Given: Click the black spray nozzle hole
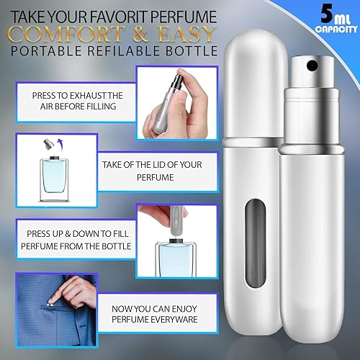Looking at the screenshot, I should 312,67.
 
